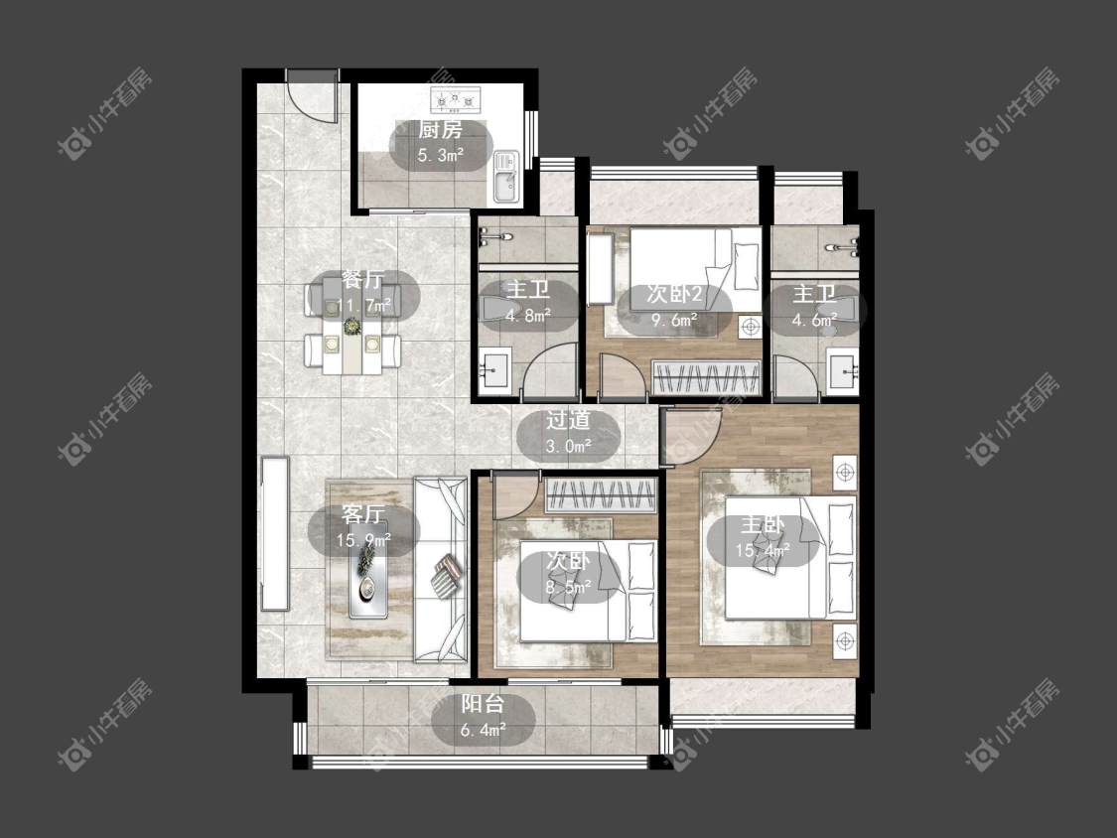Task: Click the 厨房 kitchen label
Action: pos(440,130)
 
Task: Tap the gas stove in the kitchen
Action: pos(456,100)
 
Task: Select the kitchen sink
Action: pos(506,177)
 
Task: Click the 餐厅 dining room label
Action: pos(362,280)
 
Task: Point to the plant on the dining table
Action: pos(351,327)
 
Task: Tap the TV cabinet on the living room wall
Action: pos(275,533)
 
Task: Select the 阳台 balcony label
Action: pos(483,704)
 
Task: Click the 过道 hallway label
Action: pos(568,420)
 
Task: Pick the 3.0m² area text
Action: pos(569,446)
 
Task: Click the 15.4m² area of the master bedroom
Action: pos(763,550)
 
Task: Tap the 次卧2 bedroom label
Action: pos(674,294)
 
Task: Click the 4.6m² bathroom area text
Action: pos(814,320)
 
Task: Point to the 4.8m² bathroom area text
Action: pos(528,315)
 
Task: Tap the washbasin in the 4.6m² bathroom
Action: pos(843,370)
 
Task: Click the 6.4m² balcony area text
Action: pos(483,730)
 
